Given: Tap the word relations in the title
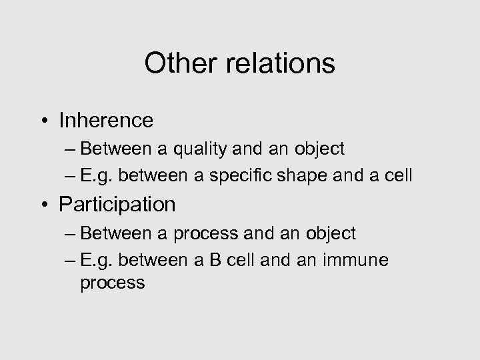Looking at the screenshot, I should point(277,64).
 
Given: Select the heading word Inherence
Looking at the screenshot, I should point(106,120).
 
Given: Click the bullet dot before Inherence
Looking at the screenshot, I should point(45,121).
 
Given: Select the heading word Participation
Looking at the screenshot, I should point(117,204).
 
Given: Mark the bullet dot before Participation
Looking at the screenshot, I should point(45,205).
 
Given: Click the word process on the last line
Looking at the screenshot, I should point(112,283).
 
